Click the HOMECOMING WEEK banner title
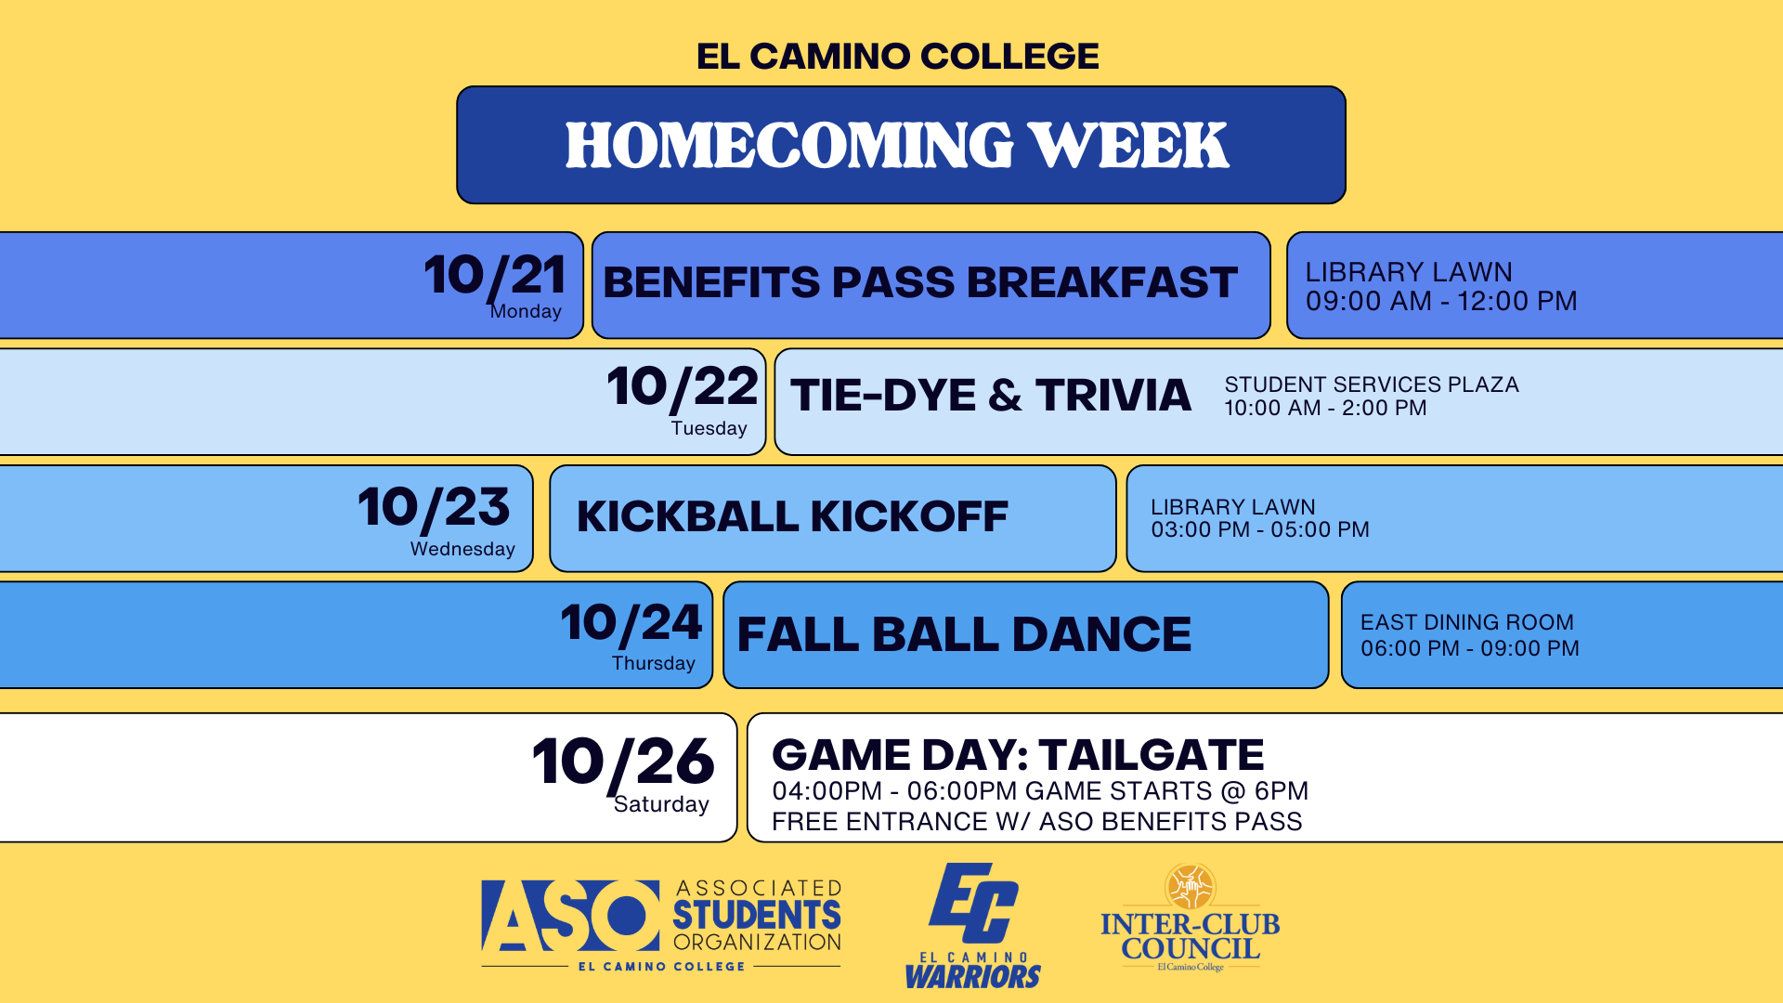click(897, 146)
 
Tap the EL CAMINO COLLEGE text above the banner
click(897, 57)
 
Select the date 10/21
click(495, 276)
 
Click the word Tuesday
click(709, 428)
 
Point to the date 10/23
click(434, 508)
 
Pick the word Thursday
click(654, 663)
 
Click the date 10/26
click(623, 762)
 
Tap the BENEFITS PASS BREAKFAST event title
click(920, 282)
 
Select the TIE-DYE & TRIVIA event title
click(991, 396)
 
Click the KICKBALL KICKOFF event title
click(792, 516)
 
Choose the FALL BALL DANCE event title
click(964, 634)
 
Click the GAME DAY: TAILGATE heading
click(1018, 755)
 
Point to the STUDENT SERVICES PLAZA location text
click(1372, 384)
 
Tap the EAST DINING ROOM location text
click(1467, 622)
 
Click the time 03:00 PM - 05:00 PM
click(1260, 529)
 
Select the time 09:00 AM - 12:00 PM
click(1441, 301)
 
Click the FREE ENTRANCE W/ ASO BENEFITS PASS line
click(1036, 822)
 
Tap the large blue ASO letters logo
click(570, 916)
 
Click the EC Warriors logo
click(973, 926)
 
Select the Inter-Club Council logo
click(1191, 918)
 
